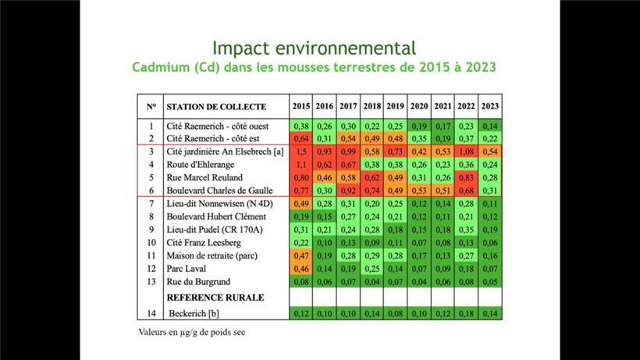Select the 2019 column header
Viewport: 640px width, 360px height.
[396, 106]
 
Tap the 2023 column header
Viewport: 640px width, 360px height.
[490, 106]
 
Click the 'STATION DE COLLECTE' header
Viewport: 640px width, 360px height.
[216, 106]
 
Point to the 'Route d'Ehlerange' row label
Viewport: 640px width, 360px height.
[201, 164]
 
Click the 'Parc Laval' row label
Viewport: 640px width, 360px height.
[188, 268]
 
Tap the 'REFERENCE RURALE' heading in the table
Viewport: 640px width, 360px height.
[215, 297]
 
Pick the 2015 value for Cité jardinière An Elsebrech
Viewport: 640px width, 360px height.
[301, 151]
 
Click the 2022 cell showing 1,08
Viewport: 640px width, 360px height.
[467, 151]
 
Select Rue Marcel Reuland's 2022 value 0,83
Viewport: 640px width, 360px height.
[467, 177]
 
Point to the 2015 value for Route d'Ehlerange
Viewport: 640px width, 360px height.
[301, 164]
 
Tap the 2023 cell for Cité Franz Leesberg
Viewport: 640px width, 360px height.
[490, 242]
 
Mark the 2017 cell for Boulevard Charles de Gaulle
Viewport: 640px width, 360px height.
[348, 190]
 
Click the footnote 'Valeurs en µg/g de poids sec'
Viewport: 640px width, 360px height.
[187, 331]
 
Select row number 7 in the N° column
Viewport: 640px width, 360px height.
[151, 203]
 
